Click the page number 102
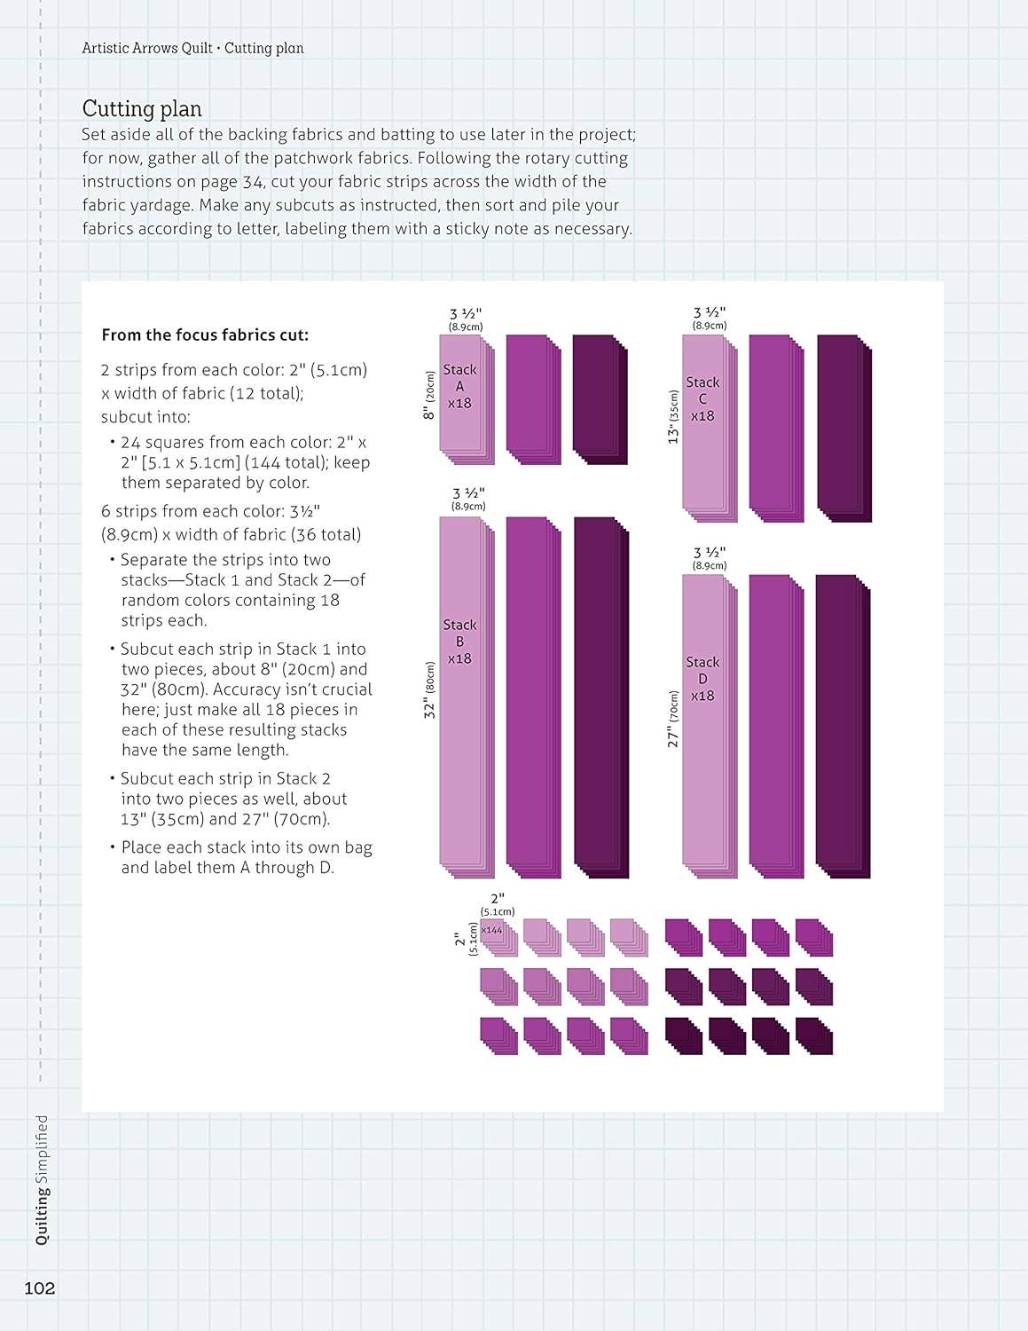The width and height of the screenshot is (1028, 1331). [x=40, y=1288]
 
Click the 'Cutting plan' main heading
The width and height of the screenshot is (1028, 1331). [x=142, y=109]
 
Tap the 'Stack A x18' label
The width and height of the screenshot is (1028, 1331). [x=459, y=386]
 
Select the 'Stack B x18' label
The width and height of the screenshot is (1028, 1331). [x=459, y=642]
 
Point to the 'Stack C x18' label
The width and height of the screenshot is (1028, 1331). [x=702, y=398]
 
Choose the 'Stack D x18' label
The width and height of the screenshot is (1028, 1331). [x=702, y=679]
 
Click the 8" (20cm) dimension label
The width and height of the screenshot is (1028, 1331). [x=429, y=396]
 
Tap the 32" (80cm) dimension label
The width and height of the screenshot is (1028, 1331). [x=430, y=690]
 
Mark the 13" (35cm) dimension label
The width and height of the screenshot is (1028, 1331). [x=674, y=417]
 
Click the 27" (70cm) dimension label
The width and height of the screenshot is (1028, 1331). [x=673, y=719]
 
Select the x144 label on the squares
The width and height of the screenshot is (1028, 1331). [x=491, y=930]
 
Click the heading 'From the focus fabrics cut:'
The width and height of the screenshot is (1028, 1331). [x=205, y=335]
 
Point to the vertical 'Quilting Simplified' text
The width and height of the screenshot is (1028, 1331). [x=42, y=1179]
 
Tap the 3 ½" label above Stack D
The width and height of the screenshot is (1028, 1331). [x=710, y=557]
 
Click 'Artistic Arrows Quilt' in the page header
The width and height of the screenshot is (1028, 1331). [x=147, y=48]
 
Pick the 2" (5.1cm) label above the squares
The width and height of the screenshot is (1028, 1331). [x=498, y=904]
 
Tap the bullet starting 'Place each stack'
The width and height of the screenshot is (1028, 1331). [x=246, y=857]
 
